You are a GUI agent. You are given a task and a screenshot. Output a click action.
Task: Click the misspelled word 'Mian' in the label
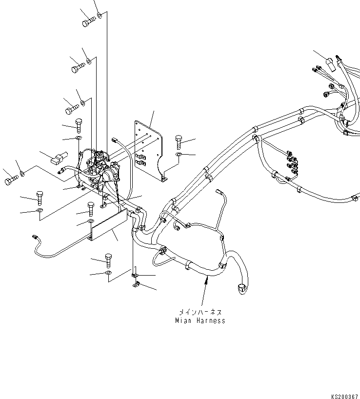183,320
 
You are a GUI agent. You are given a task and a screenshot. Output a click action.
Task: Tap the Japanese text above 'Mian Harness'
200,311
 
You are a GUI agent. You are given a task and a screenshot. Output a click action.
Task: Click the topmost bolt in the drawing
88,21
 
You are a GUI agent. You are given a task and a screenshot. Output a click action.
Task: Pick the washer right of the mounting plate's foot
179,156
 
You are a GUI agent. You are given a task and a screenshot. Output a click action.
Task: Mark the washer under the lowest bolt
108,273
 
